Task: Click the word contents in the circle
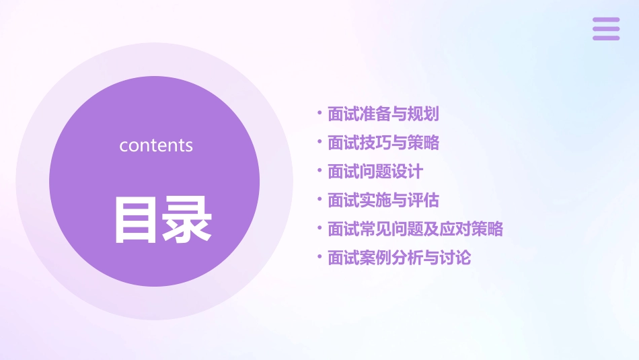click(156, 145)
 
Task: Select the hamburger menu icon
click(606, 29)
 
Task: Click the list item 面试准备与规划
click(383, 114)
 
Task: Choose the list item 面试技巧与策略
click(383, 143)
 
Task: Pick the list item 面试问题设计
click(375, 172)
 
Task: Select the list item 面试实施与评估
click(383, 201)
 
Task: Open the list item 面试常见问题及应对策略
click(415, 229)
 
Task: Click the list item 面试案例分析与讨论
click(399, 258)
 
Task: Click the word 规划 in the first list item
click(423, 114)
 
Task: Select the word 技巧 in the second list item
click(375, 143)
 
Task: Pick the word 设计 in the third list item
click(407, 172)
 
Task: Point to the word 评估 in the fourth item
click(423, 201)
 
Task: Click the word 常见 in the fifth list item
click(375, 229)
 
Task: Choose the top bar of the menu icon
click(606, 20)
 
